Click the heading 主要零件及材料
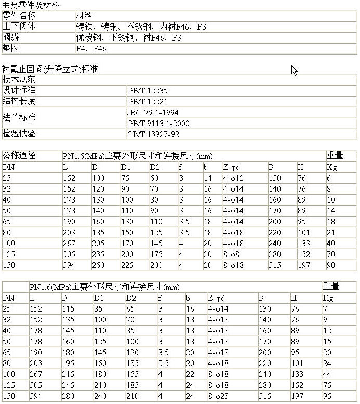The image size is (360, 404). point(31,6)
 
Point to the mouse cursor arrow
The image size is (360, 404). point(294,70)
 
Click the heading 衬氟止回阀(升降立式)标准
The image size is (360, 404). point(50,69)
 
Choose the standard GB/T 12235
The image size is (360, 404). point(148,90)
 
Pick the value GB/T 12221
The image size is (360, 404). point(148,101)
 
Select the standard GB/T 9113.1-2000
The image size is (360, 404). point(158,123)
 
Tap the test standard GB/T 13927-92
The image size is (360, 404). point(153,134)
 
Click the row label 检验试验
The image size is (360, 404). point(19,134)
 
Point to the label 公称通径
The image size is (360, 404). point(19,155)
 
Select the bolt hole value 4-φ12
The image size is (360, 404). point(233,178)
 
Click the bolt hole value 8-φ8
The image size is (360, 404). point(232,254)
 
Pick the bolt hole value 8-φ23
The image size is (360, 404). point(219,396)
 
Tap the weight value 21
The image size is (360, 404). point(330,232)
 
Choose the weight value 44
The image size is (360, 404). point(327,374)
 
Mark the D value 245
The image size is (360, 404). point(68,385)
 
